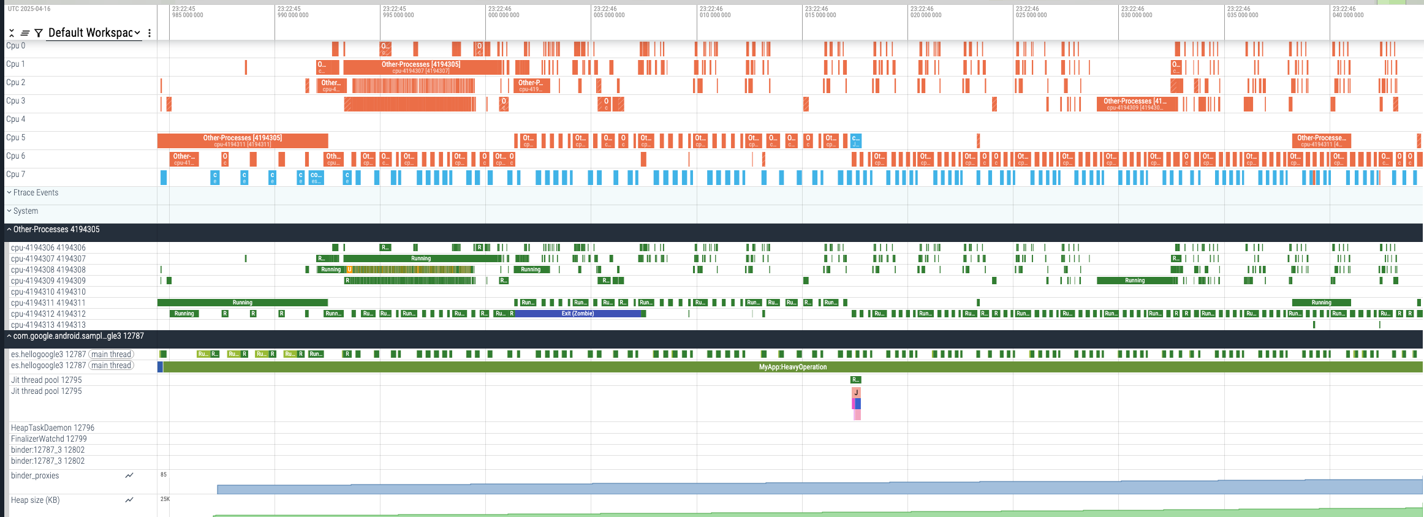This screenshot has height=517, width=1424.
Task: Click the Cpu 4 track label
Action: tap(16, 119)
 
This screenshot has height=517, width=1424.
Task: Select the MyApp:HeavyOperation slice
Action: tap(792, 367)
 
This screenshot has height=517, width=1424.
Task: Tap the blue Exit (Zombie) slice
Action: tap(578, 314)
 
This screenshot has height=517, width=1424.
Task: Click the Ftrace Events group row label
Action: tap(36, 193)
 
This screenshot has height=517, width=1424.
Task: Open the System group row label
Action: tap(25, 211)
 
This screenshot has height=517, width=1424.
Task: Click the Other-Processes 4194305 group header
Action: tap(56, 230)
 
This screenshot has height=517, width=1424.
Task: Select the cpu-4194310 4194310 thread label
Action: tap(48, 292)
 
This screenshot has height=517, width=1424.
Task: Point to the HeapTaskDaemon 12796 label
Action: tap(53, 428)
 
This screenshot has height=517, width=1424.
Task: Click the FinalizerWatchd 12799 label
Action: tap(49, 439)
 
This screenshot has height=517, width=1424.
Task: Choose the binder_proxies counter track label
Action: tap(35, 476)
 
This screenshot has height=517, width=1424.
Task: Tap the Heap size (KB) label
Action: tap(36, 500)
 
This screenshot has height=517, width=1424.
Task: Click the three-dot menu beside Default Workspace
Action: tap(150, 33)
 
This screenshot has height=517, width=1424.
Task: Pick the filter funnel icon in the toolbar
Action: tap(39, 33)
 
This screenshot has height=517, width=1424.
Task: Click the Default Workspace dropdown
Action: tap(94, 33)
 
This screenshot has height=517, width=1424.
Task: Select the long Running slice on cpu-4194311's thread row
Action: tap(243, 303)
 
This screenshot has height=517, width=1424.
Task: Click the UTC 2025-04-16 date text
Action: tap(29, 9)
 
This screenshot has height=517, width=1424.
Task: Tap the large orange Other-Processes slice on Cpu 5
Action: tap(243, 140)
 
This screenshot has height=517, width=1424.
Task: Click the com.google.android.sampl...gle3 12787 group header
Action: tap(78, 336)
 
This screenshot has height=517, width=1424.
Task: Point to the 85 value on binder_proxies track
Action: tap(164, 475)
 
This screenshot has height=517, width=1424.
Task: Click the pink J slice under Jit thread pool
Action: tap(856, 393)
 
